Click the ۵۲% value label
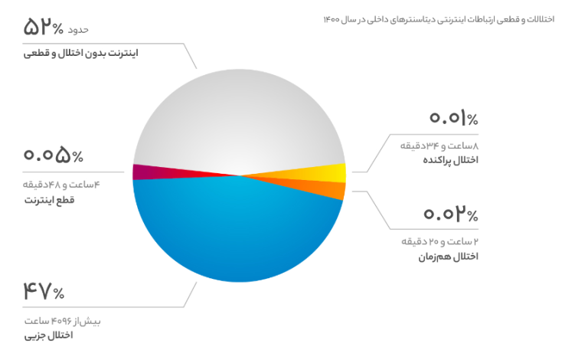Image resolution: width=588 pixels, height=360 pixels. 44,27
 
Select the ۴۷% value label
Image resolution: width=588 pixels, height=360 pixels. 44,291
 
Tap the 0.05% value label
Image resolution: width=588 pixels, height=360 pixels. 54,155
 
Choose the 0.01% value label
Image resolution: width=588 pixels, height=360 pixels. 454,118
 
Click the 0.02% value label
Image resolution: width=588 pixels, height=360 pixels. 451,214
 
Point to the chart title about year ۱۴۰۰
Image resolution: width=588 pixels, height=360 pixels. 439,19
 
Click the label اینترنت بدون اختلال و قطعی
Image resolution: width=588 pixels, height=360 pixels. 81,54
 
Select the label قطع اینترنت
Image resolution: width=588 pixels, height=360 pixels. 50,199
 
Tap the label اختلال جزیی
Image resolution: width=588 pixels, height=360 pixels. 49,335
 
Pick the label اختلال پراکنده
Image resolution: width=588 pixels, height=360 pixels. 451,160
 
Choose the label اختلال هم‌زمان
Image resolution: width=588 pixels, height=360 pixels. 449,257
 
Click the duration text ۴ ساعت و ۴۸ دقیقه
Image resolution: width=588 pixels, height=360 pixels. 61,185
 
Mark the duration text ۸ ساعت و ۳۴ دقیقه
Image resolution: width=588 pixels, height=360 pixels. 439,146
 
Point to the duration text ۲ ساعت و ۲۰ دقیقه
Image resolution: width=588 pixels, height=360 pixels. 440,241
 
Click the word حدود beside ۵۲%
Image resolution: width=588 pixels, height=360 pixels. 78,30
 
